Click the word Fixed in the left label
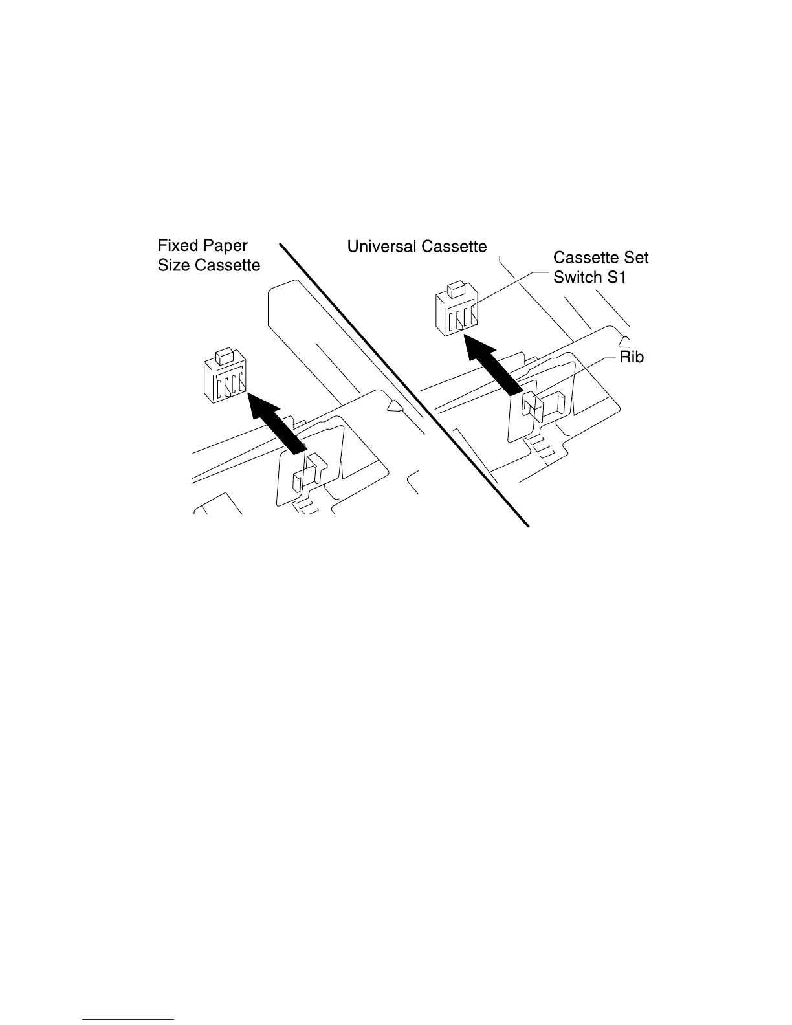179,246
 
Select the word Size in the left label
172,266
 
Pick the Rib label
632,357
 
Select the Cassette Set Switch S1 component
457,313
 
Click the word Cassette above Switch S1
582,258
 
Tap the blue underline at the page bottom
129,1019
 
